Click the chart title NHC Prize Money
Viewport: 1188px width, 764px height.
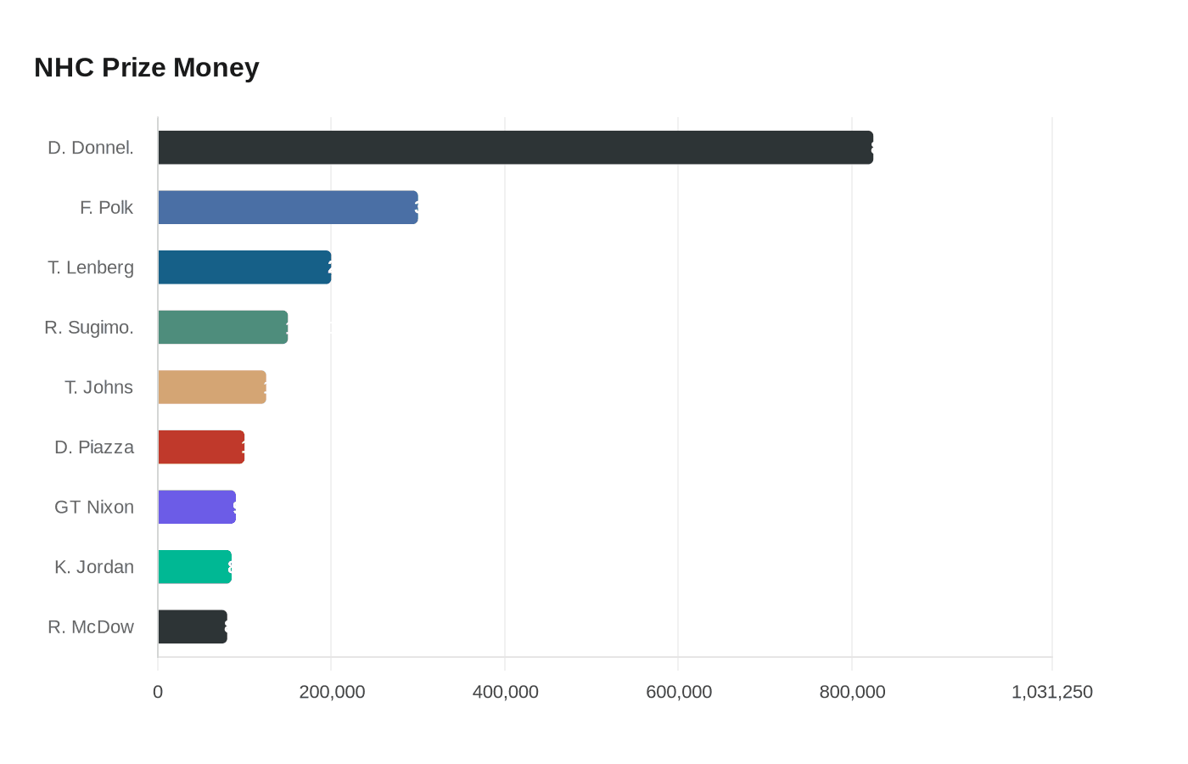(146, 68)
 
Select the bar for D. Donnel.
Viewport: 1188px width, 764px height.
(515, 148)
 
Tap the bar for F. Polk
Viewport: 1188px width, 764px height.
(288, 207)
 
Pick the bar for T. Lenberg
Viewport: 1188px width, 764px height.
(244, 267)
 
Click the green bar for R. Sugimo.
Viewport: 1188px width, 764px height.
(222, 327)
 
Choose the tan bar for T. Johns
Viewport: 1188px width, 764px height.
(212, 387)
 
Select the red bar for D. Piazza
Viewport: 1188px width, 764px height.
(201, 447)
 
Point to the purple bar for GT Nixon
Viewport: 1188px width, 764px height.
(197, 507)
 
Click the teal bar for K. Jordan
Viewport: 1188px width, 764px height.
(194, 567)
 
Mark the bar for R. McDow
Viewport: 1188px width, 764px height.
(193, 626)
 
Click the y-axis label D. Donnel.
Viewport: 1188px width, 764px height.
(91, 148)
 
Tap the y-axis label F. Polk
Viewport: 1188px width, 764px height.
(107, 207)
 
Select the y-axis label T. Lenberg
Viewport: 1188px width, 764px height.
(91, 267)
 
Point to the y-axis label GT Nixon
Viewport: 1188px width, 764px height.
(94, 507)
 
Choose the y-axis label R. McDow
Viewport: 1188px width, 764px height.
(91, 626)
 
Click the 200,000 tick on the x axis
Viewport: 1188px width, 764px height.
(332, 692)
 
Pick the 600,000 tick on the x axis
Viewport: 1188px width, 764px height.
(679, 692)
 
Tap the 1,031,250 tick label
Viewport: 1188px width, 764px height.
(1051, 692)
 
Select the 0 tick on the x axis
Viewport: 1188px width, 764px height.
(158, 692)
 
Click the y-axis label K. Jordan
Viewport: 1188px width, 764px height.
(94, 567)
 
